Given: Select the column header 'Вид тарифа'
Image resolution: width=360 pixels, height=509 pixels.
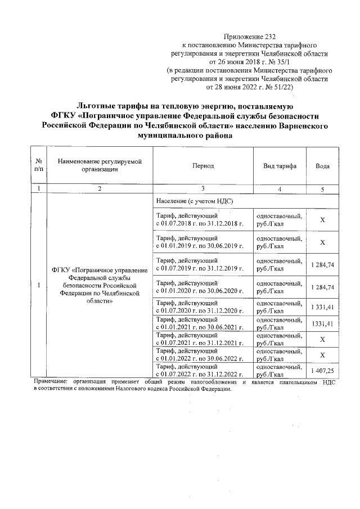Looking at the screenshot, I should [x=280, y=166].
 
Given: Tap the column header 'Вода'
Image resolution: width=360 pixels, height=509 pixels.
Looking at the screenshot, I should [x=322, y=166].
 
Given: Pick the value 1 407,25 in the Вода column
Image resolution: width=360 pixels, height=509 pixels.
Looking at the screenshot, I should [x=322, y=371].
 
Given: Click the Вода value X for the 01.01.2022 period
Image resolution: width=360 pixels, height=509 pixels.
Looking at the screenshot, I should [x=322, y=355].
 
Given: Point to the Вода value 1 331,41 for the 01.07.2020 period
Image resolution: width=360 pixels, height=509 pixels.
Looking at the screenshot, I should [x=322, y=307].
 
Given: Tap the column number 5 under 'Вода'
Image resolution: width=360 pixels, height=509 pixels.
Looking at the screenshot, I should [x=322, y=190].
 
